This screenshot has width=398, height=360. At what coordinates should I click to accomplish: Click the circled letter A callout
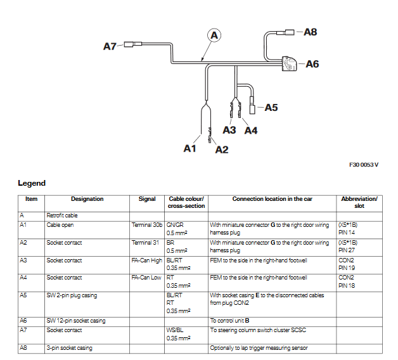(x=214, y=35)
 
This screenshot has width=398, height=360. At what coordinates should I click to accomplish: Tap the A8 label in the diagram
(x=310, y=31)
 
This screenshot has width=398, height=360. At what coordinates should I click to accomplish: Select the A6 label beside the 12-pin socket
(x=312, y=63)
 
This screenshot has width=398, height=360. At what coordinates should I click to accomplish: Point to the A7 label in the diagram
(x=110, y=46)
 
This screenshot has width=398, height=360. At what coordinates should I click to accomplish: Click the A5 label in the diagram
(x=271, y=107)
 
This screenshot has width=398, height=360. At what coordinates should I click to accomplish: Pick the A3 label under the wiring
(x=229, y=130)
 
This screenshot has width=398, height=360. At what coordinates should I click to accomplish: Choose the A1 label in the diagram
(x=190, y=148)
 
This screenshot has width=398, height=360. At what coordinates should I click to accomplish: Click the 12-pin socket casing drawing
(x=290, y=64)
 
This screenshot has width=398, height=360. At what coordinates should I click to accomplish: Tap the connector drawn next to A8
(x=290, y=31)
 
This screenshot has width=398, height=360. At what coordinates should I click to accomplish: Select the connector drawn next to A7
(x=132, y=46)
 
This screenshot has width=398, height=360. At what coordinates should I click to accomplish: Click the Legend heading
(x=32, y=183)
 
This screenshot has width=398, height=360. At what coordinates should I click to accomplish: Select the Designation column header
(x=87, y=199)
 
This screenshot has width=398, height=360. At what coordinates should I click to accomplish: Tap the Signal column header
(x=147, y=199)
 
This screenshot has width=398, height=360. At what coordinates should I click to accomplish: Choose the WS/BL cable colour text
(x=176, y=330)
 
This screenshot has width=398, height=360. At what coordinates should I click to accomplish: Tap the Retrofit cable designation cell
(x=63, y=215)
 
